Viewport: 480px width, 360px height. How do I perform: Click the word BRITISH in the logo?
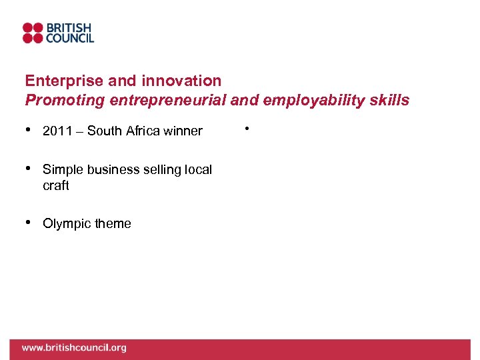point(69,28)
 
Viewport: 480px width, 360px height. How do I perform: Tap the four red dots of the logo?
point(33,33)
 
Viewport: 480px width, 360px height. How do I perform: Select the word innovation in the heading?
point(181,81)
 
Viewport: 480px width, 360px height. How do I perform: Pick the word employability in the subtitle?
point(307,101)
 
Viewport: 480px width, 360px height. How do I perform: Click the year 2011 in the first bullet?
point(55,131)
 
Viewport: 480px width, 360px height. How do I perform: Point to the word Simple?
point(61,169)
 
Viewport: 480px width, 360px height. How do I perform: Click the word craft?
point(55,186)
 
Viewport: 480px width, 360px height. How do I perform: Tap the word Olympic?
point(65,224)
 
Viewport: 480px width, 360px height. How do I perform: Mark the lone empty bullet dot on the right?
point(247,128)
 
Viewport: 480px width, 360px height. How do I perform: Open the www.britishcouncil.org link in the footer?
point(74,348)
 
